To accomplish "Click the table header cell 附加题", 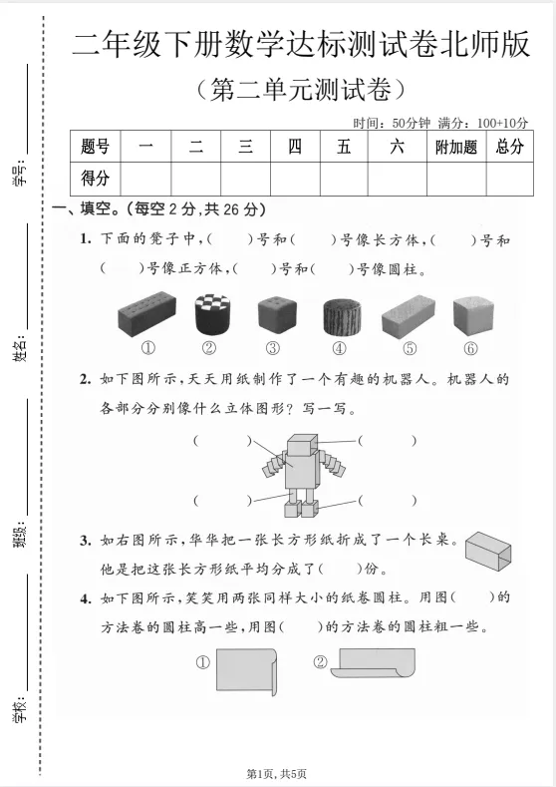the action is pos(457,148).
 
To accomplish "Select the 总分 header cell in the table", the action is pos(509,148).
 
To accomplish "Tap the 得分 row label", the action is pos(95,179).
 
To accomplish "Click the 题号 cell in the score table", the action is pos(95,148).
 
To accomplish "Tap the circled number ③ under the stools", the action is pos(272,348).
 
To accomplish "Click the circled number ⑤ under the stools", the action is pos(410,348).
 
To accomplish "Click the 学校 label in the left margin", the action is pos(21,709).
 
